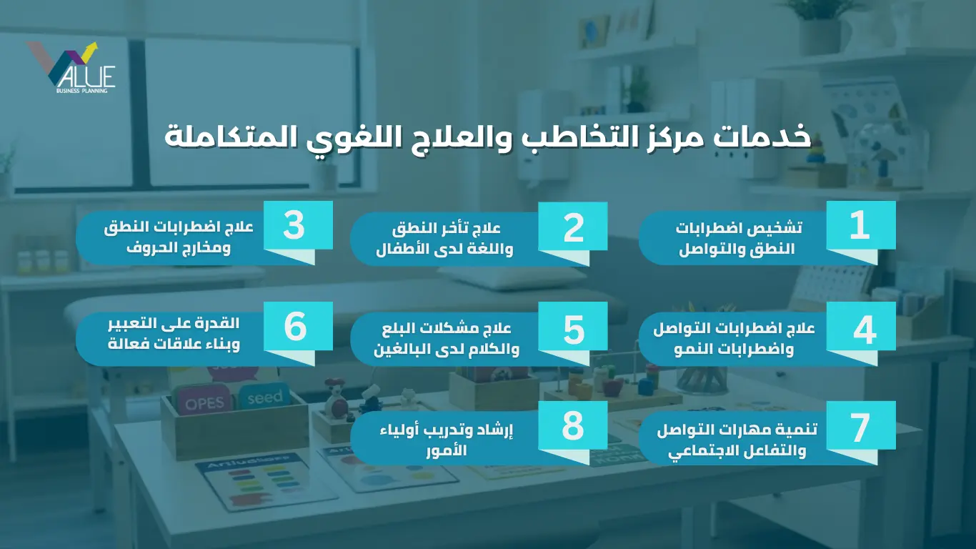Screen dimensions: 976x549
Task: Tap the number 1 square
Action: click(861, 225)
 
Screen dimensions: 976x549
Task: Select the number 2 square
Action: click(573, 227)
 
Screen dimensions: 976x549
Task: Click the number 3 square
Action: click(298, 225)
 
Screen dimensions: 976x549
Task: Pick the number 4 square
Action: click(861, 326)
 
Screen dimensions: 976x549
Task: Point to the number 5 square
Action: click(573, 326)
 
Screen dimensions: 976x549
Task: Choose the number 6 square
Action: click(298, 326)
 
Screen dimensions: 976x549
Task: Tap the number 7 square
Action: click(861, 425)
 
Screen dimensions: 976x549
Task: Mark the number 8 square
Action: click(573, 425)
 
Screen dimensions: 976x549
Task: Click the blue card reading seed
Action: click(264, 396)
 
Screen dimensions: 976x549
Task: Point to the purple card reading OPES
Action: click(204, 402)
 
